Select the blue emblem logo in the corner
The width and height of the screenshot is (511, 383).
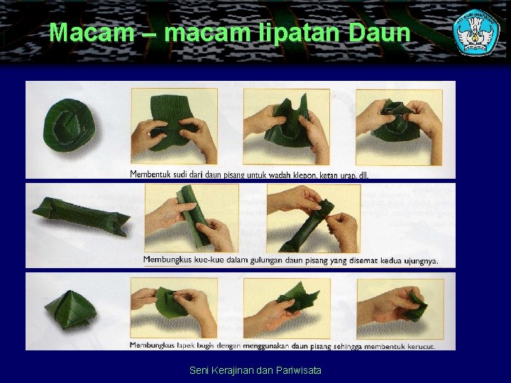point(476,32)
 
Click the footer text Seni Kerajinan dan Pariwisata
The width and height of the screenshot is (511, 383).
point(255,370)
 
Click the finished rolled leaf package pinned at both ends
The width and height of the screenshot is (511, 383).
point(79,216)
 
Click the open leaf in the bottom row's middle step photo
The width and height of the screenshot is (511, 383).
point(298,298)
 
